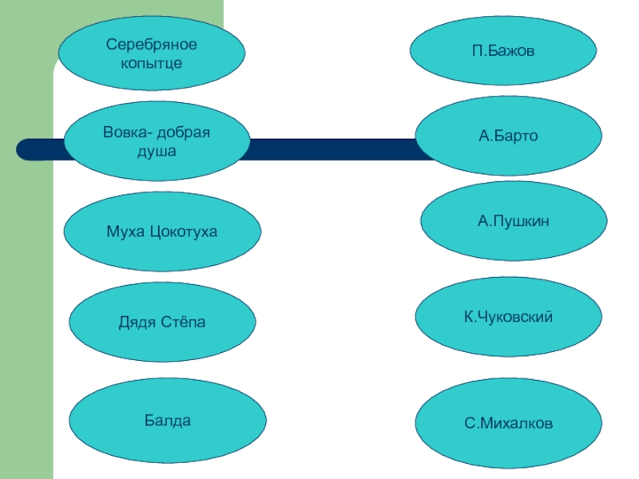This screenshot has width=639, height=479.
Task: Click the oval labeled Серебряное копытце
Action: pos(152,52)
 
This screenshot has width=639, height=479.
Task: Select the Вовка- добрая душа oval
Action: pos(156,141)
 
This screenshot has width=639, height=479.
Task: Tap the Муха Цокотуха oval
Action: pos(162,232)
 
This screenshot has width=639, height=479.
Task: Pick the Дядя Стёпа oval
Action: pos(162,322)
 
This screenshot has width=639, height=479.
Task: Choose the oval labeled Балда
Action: pos(168,419)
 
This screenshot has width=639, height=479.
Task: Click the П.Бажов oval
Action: pos(503,51)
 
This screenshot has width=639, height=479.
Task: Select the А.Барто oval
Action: pos(509,137)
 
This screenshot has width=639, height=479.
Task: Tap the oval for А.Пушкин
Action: pos(514,220)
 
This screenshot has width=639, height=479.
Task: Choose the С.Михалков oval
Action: pos(509,422)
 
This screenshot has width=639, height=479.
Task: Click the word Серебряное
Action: pos(152,44)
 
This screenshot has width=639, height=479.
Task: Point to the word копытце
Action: pos(152,61)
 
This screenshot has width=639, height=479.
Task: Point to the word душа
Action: pos(157,150)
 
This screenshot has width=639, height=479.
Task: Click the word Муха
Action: pos(123,232)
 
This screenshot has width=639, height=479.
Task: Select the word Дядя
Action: pos(136,322)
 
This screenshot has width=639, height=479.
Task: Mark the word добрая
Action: pos(183,132)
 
